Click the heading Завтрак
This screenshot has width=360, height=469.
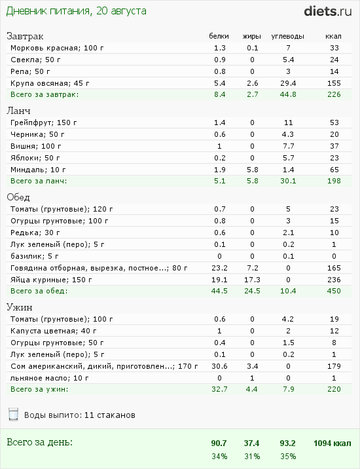point(24,36)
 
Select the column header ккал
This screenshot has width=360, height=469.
point(333,36)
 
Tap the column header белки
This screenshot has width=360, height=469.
point(219,36)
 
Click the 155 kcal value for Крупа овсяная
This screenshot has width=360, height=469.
point(334,83)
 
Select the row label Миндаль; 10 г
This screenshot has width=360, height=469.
point(38,169)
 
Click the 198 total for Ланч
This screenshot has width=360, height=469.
point(334,181)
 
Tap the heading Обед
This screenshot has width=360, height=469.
point(19,197)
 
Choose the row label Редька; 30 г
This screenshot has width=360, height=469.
point(35,232)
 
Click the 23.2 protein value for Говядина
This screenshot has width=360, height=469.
point(219,267)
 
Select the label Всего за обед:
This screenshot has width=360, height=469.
point(39,291)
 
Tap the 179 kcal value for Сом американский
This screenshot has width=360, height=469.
point(334,366)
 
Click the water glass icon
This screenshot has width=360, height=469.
point(12,414)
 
